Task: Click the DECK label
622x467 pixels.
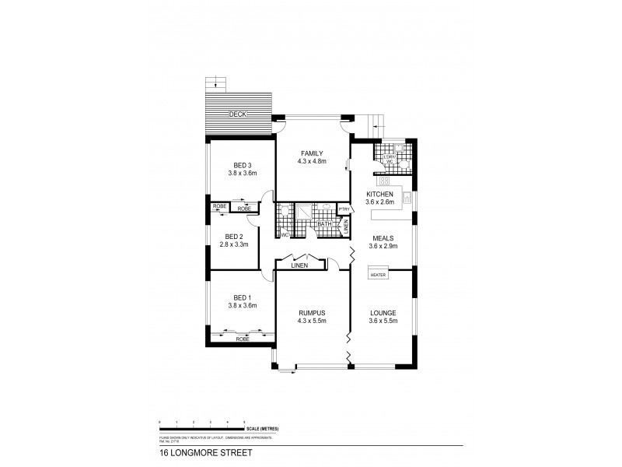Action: pyautogui.click(x=237, y=114)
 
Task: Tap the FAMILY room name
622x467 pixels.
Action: pyautogui.click(x=311, y=153)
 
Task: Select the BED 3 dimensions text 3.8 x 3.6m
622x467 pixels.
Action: pyautogui.click(x=242, y=174)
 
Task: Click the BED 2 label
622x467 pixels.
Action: pyautogui.click(x=234, y=236)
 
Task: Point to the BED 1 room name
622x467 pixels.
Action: pyautogui.click(x=242, y=297)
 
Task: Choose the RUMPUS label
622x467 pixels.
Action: pyautogui.click(x=311, y=312)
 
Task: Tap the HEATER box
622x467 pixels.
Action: pyautogui.click(x=379, y=275)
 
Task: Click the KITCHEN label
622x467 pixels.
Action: pyautogui.click(x=381, y=194)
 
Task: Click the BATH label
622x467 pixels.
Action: pyautogui.click(x=321, y=224)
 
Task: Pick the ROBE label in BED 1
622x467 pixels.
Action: pyautogui.click(x=242, y=339)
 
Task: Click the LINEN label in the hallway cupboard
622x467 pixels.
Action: pyautogui.click(x=299, y=266)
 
